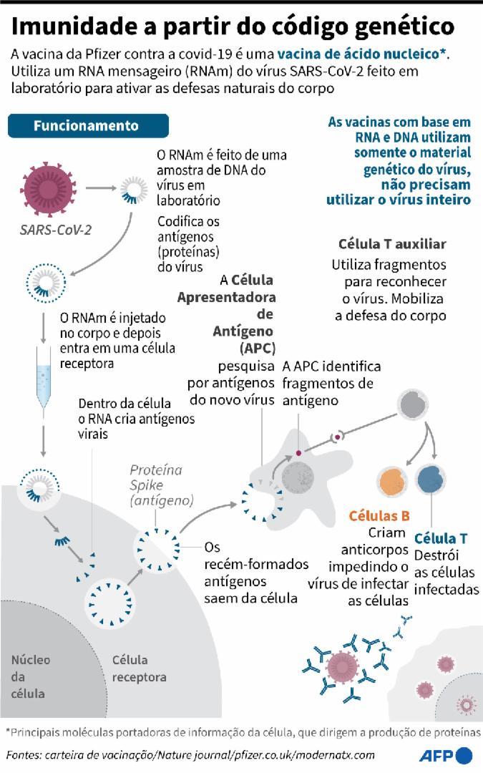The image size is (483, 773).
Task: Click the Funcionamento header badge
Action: (88, 126)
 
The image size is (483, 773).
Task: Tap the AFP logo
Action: (446, 755)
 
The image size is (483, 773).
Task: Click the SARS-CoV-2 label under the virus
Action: (56, 230)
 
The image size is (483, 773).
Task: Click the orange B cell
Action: (393, 481)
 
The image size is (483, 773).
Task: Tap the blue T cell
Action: (431, 479)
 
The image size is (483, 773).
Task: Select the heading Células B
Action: (379, 515)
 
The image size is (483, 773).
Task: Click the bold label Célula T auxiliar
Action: (392, 243)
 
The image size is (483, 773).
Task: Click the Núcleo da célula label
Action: (31, 676)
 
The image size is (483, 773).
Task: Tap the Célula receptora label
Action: (139, 669)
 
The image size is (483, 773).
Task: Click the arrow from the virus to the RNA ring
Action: (101, 188)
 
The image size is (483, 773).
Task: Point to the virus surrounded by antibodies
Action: (341, 665)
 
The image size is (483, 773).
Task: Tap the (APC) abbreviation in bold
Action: (258, 348)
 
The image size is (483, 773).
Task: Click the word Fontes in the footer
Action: (24, 755)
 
